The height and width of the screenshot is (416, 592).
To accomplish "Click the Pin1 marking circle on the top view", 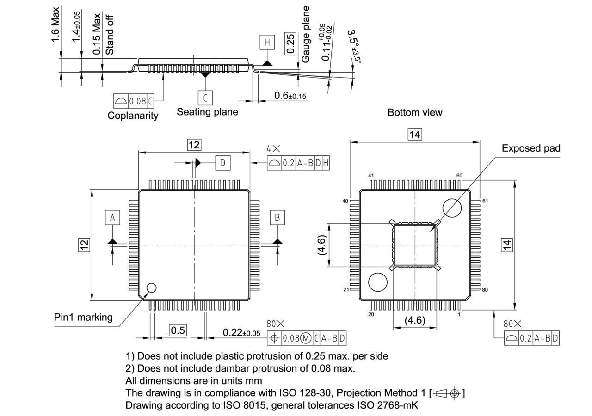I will (151, 288).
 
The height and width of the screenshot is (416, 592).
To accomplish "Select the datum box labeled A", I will (112, 217).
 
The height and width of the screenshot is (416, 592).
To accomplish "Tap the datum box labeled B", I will (277, 217).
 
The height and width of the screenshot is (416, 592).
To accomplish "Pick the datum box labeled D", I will (222, 163).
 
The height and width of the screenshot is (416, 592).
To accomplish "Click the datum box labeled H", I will (267, 43).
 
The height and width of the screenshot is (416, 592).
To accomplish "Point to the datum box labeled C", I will (205, 98).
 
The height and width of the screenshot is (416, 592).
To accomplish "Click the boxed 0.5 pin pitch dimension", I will (178, 330).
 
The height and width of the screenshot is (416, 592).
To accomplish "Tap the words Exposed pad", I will (531, 148).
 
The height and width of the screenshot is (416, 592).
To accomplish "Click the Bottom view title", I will (415, 112).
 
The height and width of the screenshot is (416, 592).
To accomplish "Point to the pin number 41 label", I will (371, 176).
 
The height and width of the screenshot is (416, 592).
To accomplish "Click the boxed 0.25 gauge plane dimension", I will (290, 44).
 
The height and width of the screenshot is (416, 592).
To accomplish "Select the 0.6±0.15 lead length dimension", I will (290, 96).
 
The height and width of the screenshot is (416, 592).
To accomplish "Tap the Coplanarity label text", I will (133, 116).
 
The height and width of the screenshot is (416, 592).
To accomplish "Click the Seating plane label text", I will (207, 112).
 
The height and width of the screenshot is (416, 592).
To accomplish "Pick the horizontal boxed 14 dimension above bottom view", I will (414, 135).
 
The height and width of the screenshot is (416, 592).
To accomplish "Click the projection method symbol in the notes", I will (447, 393).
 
